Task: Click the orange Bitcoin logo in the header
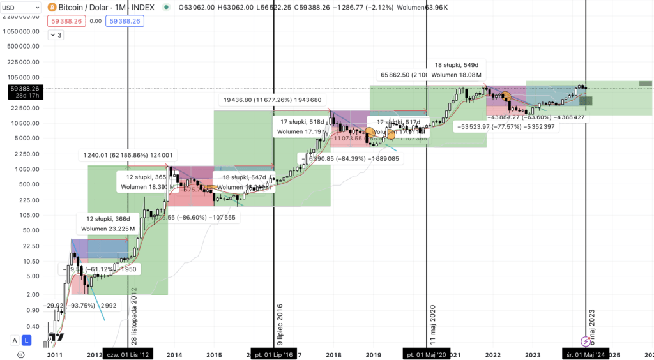[52, 7]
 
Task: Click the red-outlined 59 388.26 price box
[65, 20]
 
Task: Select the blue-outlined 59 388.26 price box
[125, 20]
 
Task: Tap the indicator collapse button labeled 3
[56, 35]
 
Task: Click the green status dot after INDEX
[167, 7]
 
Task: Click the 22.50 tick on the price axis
[29, 246]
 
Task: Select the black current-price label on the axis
[23, 92]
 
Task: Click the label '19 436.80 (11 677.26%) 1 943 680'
[272, 100]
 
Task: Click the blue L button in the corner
[26, 340]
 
